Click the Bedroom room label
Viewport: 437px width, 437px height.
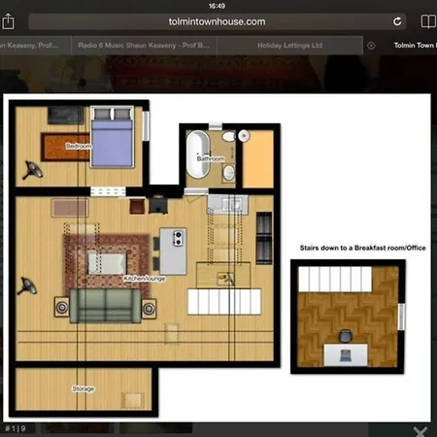point(78,146)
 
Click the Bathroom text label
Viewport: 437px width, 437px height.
point(212,158)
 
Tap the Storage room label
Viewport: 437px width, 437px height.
point(84,388)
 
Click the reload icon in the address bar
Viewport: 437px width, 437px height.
point(398,20)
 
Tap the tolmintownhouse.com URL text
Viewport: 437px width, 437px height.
point(217,20)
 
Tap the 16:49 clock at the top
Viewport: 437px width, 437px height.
point(218,5)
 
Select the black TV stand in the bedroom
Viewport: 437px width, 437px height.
point(63,117)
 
